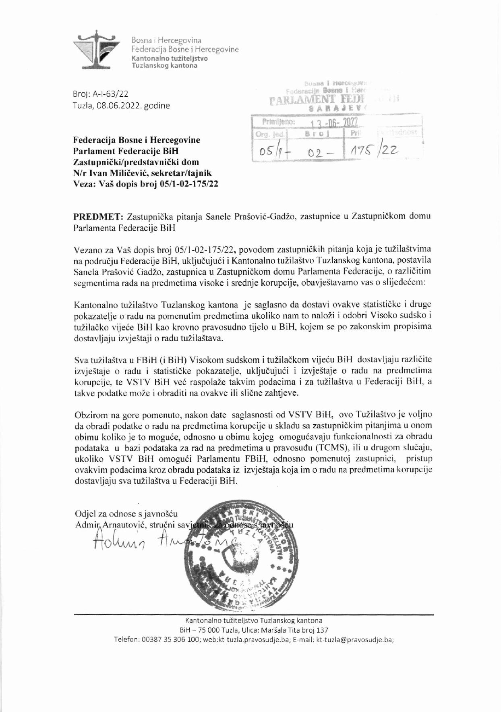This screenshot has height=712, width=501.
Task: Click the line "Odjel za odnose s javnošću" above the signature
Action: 126,514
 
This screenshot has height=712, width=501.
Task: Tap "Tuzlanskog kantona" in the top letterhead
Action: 165,66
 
